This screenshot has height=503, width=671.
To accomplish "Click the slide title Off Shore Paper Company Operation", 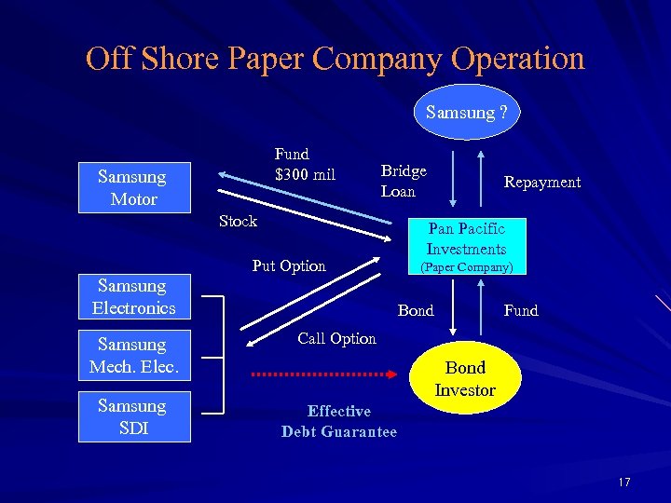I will point(335,59).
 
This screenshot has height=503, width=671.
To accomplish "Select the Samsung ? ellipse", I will point(466,113).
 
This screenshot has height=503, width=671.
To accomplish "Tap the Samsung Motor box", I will point(132,187).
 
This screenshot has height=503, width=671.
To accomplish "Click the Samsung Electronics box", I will point(133,296).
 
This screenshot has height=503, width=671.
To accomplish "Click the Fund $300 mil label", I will point(304,164).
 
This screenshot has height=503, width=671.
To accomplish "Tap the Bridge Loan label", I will point(404,181).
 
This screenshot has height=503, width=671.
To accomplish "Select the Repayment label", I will point(541,183).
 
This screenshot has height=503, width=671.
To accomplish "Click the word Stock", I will point(238,221).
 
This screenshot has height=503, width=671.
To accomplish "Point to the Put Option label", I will point(289,266).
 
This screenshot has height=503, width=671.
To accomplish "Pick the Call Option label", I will point(336,338).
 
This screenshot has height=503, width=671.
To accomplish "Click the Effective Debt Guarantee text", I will point(338,421).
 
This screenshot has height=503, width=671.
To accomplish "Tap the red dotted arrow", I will point(325,374).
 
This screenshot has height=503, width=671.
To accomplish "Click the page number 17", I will point(623,482).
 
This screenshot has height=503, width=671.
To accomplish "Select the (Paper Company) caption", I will point(466,267).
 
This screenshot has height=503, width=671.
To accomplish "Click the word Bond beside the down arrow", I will point(416,310).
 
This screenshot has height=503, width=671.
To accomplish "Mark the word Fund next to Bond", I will point(521,310).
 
